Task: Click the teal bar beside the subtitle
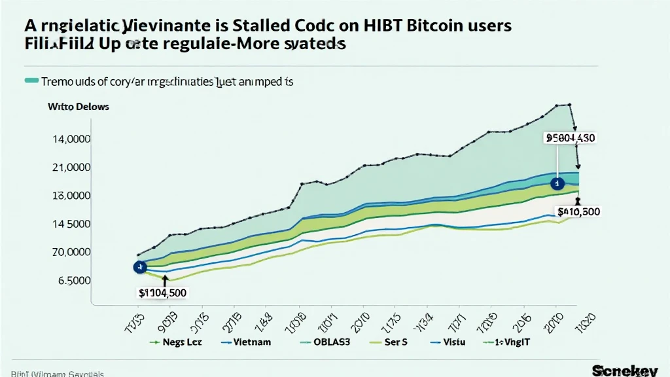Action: [x=31, y=81]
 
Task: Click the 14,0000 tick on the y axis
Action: [x=71, y=139]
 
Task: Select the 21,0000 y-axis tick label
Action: [x=71, y=168]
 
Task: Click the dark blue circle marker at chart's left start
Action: [x=139, y=267]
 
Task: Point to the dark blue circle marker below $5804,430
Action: [x=557, y=184]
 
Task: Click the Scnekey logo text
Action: [x=624, y=370]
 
